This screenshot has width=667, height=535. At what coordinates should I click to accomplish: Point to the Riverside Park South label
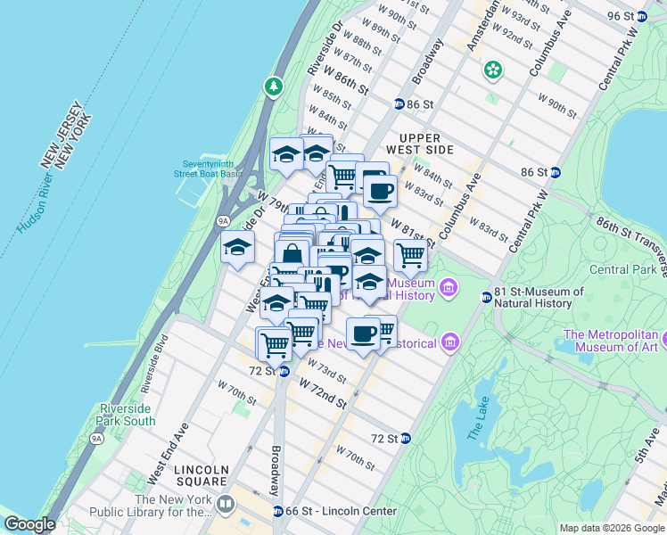[126, 415]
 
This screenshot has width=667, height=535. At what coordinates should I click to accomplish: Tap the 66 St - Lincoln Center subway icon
[277, 511]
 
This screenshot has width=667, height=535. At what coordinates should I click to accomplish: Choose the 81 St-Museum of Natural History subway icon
[486, 297]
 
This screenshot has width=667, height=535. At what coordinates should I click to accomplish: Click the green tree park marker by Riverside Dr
[273, 86]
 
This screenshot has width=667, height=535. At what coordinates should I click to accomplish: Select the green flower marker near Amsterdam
[491, 69]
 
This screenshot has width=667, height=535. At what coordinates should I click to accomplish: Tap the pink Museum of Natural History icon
[448, 289]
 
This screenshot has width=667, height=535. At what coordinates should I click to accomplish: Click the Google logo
[29, 524]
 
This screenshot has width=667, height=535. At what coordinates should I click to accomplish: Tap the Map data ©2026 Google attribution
[611, 528]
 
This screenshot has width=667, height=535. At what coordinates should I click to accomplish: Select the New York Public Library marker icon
[225, 506]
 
